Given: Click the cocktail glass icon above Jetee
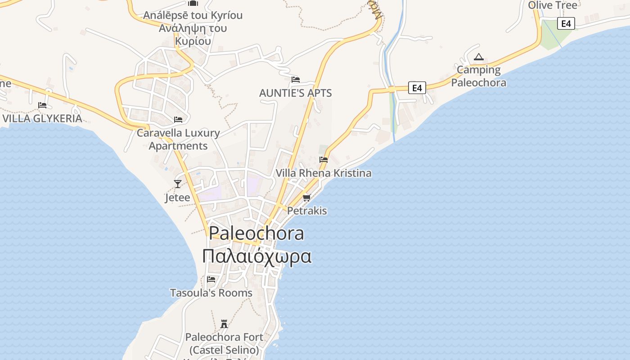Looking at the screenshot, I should [178, 184].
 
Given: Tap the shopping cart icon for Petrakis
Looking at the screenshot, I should [307, 197].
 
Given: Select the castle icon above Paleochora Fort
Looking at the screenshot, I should [224, 324].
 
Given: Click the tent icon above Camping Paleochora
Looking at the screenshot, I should [479, 57].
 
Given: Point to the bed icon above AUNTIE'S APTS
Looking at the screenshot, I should [296, 80].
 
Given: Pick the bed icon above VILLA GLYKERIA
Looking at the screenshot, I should [42, 105].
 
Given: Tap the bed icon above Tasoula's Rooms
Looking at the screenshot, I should [211, 279].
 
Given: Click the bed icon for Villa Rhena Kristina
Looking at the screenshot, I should [324, 159].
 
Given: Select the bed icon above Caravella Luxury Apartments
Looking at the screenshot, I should [178, 119].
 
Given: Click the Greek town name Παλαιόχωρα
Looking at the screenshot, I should [256, 256].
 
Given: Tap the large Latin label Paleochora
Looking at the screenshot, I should [256, 233].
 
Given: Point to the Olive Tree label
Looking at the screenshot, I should [553, 5].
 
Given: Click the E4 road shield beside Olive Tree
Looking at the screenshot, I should [566, 23].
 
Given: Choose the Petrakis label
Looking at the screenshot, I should [307, 211].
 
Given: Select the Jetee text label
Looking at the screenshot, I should [177, 198].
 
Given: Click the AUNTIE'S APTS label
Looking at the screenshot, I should [296, 93].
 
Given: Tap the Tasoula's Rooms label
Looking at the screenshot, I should [211, 293].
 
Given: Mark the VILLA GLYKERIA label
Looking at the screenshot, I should [42, 119].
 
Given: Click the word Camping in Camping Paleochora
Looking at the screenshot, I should [479, 70].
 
